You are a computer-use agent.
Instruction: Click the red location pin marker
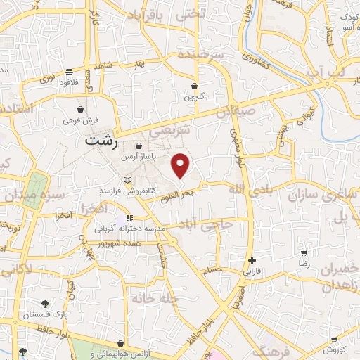(x=181, y=165)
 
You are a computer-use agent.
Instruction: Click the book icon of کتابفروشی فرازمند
(x=127, y=181)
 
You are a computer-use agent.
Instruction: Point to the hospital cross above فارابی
(x=252, y=260)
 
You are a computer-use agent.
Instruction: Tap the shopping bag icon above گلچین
(x=194, y=86)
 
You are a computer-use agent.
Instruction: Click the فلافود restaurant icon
(x=69, y=72)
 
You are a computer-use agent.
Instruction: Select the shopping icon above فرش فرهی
(x=82, y=110)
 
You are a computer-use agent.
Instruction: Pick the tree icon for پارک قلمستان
(x=46, y=304)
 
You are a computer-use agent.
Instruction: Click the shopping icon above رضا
(x=304, y=252)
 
